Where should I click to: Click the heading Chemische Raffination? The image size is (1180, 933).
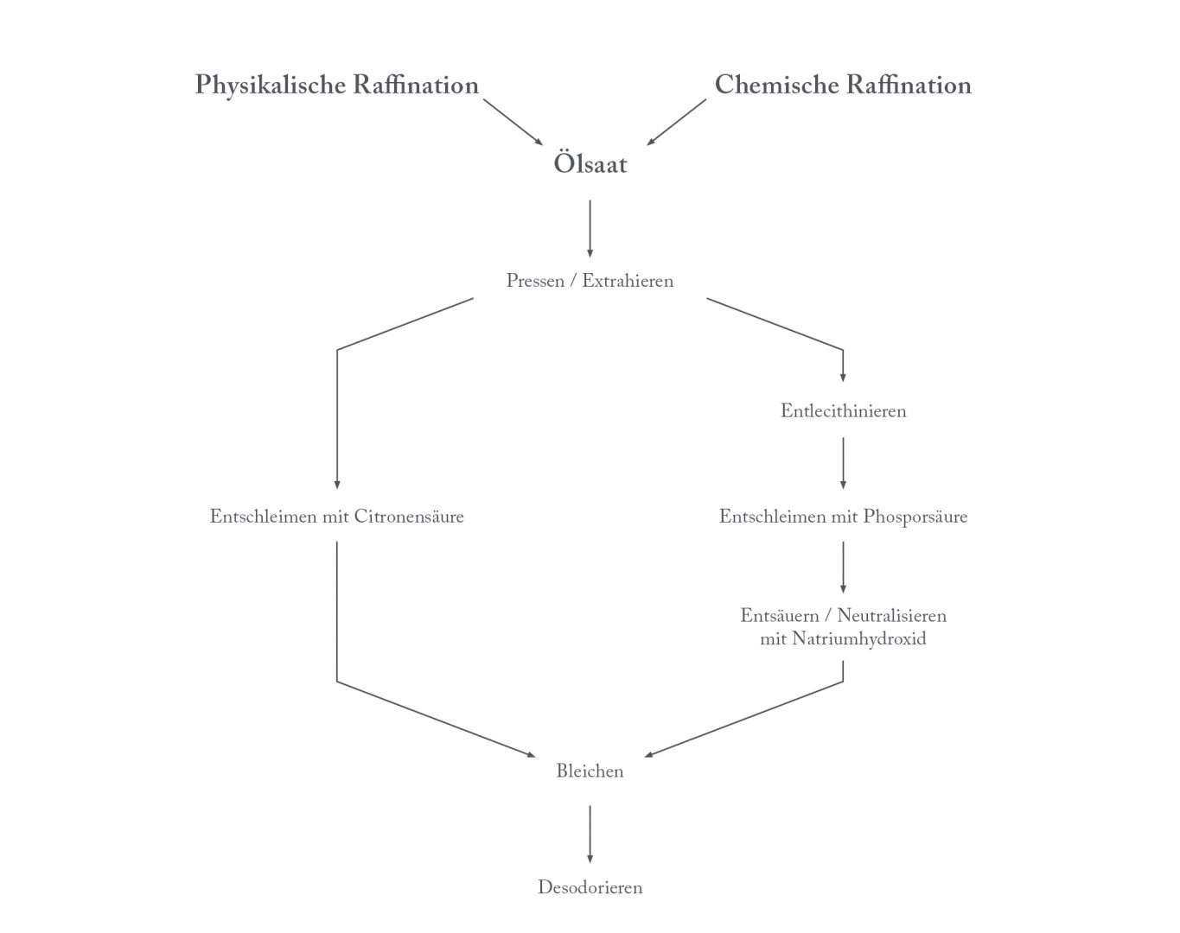[843, 85]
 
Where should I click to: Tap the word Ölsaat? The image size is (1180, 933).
[590, 162]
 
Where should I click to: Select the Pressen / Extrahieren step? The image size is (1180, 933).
[590, 281]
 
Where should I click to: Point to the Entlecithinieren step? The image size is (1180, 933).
[844, 410]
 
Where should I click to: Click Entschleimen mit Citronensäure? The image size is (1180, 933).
[336, 517]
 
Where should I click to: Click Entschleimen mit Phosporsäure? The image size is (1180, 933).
[844, 517]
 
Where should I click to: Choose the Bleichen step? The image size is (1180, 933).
[590, 771]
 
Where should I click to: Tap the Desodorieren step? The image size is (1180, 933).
[590, 887]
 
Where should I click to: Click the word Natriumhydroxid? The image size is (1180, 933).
[858, 638]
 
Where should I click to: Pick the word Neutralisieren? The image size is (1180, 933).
[891, 616]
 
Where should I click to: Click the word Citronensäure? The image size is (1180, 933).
[409, 517]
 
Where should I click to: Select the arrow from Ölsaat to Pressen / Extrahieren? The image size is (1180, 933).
[590, 229]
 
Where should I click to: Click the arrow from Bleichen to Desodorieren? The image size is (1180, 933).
[590, 835]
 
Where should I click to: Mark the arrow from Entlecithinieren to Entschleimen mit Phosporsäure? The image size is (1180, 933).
[844, 463]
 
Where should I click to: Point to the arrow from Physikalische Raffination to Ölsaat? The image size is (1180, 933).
[513, 123]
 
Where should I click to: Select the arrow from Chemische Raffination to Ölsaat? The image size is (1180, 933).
[677, 123]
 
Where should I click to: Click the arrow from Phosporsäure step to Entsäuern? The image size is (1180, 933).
[844, 568]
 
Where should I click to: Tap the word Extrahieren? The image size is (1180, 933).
[628, 281]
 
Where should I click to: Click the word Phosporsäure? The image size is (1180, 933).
[915, 517]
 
